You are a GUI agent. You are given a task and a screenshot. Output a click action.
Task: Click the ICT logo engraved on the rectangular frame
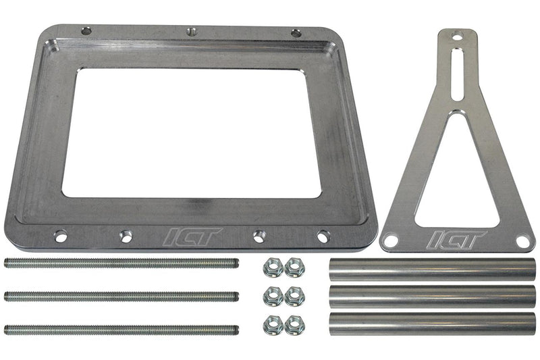tap(193, 237)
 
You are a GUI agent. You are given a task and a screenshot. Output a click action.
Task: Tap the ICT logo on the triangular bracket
tap(458, 240)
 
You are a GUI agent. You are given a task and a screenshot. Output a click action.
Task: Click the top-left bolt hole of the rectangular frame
tap(86, 31)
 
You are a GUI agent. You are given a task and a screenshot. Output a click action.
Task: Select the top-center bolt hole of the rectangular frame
tap(191, 31)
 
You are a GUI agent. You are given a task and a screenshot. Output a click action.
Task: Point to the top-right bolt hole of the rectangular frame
tap(296, 32)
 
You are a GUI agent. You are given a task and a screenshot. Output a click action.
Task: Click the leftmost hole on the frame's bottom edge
tap(60, 236)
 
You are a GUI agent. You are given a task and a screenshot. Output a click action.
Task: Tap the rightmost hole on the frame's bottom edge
tap(323, 236)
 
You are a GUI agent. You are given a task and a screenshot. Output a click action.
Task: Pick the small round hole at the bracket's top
tap(457, 37)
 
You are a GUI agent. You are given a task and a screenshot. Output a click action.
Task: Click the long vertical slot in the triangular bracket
tap(457, 74)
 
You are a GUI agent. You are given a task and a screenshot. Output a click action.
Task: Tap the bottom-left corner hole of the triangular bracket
tap(391, 240)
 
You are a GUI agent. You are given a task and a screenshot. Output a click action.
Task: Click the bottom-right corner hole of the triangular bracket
tap(522, 240)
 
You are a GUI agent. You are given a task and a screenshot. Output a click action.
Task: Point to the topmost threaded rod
tap(122, 263)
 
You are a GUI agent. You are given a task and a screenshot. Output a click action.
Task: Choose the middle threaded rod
tap(122, 296)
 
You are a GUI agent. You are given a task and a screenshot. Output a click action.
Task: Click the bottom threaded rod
tap(122, 330)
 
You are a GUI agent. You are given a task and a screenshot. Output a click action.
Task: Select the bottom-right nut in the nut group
tap(294, 325)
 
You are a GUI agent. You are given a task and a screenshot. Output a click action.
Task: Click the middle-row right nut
tap(294, 296)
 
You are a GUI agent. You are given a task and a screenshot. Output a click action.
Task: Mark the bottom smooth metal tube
tap(432, 323)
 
